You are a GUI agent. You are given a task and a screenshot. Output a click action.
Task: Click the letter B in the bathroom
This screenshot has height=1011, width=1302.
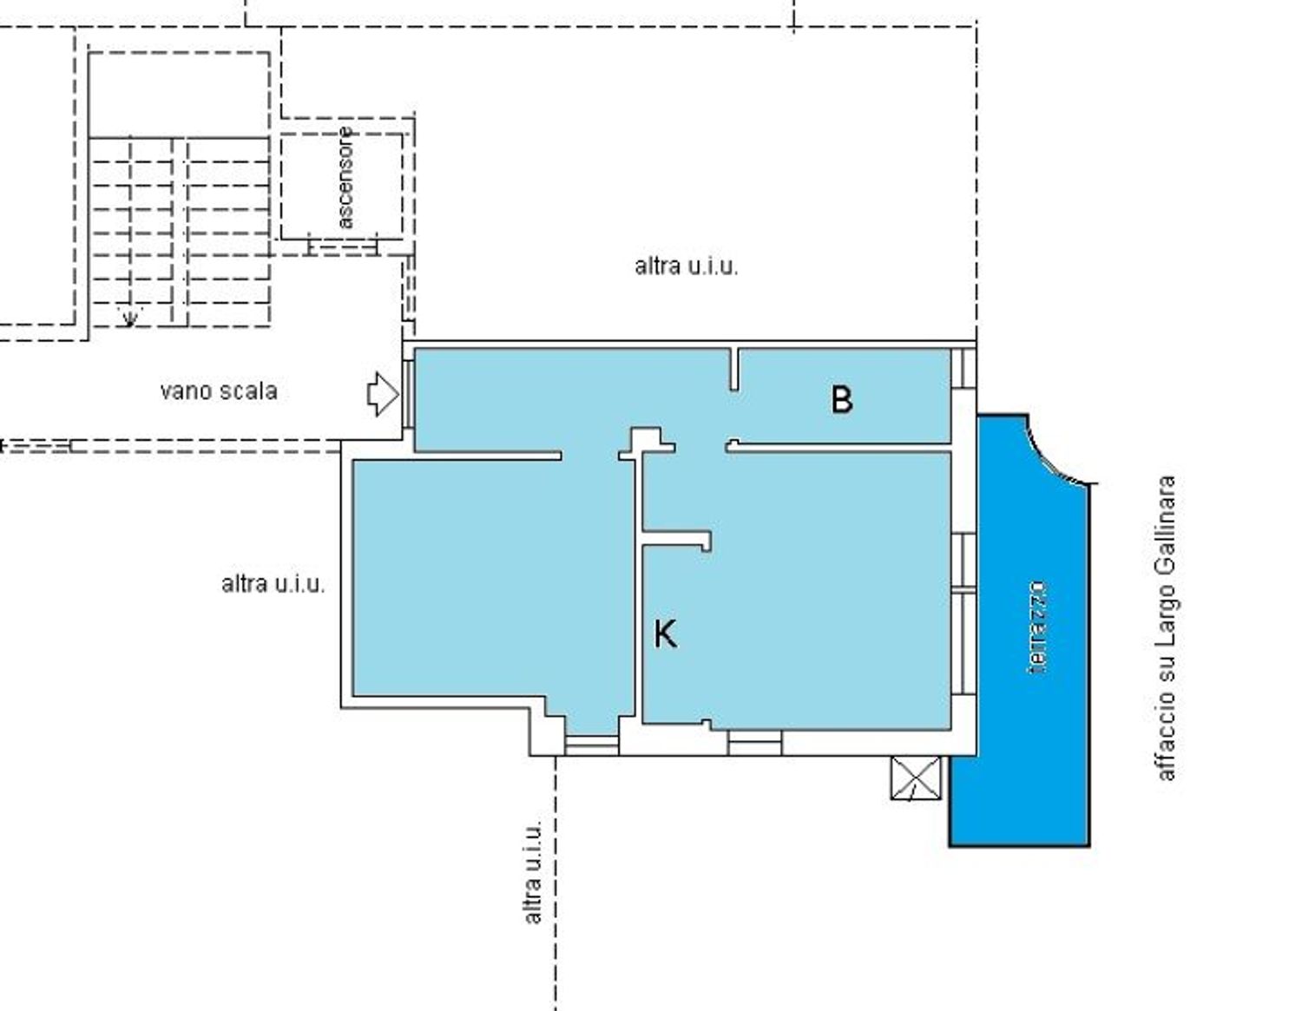click(x=841, y=400)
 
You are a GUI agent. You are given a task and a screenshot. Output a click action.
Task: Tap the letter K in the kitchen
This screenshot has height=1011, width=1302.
click(x=665, y=634)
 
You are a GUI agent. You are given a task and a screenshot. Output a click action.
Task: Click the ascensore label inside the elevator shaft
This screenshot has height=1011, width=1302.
click(x=345, y=178)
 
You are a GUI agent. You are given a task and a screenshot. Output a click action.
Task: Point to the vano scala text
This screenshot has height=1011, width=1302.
click(x=219, y=391)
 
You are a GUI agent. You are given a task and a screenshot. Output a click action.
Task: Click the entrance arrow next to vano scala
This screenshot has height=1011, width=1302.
click(x=382, y=394)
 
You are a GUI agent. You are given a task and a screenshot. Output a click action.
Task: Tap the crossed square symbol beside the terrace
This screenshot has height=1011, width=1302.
click(x=916, y=778)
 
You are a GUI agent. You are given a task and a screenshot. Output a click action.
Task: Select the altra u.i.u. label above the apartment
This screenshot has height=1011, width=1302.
click(x=686, y=266)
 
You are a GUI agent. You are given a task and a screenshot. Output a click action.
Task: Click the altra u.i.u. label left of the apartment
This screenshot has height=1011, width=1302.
click(x=273, y=584)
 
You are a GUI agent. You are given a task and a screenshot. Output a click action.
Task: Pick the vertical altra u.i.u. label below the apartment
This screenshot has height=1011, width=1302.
click(x=533, y=870)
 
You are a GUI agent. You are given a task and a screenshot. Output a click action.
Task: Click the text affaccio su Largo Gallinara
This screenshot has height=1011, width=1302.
click(x=1166, y=627)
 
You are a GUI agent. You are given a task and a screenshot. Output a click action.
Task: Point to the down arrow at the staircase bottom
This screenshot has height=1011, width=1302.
click(x=129, y=317)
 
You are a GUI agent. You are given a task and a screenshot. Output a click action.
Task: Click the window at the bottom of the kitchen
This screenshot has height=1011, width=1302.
click(x=754, y=743)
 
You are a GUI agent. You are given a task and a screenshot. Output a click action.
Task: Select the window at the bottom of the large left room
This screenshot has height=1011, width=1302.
click(x=591, y=744)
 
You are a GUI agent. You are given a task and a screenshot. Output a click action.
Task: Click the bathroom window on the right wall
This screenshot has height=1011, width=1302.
click(x=963, y=368)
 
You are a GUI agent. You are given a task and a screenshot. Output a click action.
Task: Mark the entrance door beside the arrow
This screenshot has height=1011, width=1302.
click(x=407, y=393)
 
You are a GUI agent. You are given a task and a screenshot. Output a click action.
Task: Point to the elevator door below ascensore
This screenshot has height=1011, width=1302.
click(x=343, y=247)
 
